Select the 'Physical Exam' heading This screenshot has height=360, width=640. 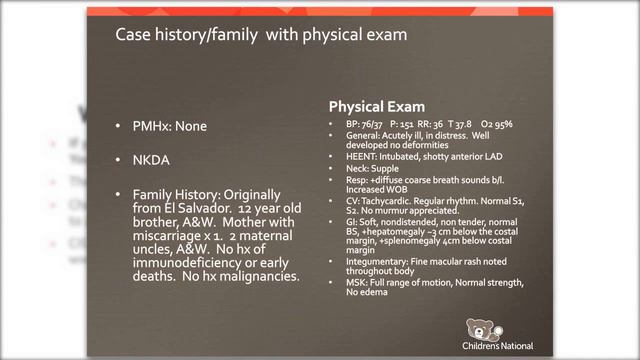coord(377,106)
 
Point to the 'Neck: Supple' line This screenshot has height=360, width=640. coord(373,168)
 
